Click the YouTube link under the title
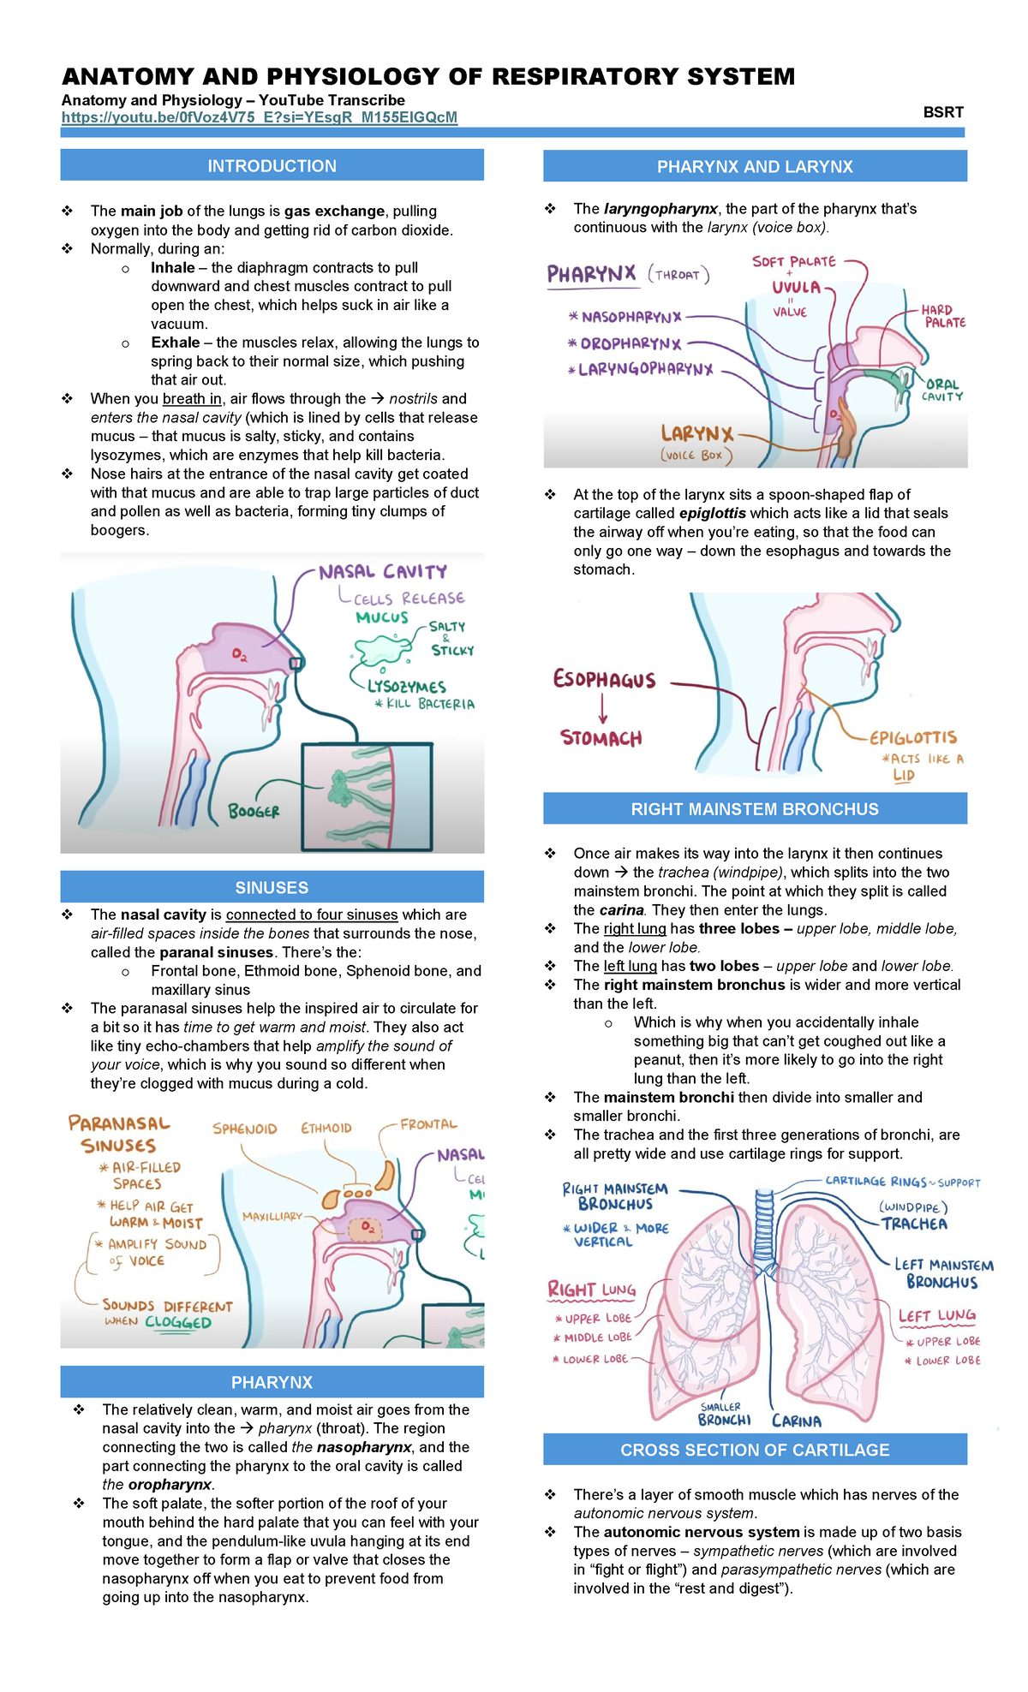click(x=259, y=117)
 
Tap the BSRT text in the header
click(x=943, y=112)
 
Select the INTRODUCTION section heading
click(x=272, y=166)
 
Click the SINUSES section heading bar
click(x=272, y=887)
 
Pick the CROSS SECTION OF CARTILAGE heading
click(x=755, y=1450)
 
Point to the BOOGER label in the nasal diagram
click(x=254, y=811)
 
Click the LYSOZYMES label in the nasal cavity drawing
click(x=407, y=687)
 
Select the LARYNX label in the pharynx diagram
click(x=696, y=434)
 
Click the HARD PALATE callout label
click(x=942, y=316)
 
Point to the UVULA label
click(x=796, y=287)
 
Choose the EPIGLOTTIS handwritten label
click(x=913, y=737)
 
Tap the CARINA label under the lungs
click(x=796, y=1421)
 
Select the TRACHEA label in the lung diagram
click(x=914, y=1224)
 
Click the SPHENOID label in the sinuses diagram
click(x=245, y=1129)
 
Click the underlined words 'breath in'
click(x=192, y=398)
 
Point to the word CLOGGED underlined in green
click(x=178, y=1322)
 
